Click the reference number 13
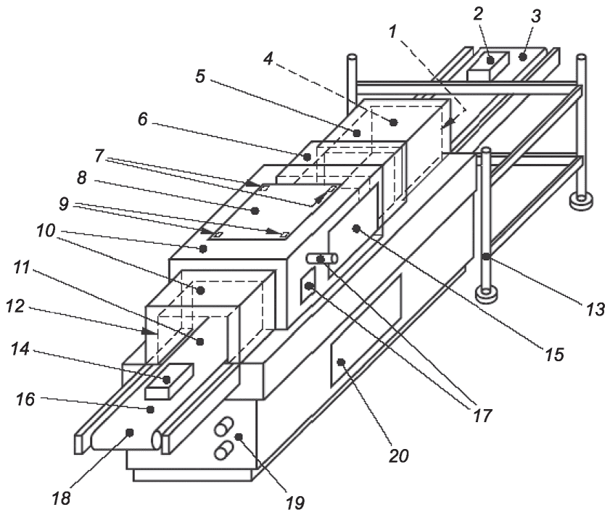click(x=595, y=309)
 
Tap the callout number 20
click(x=398, y=456)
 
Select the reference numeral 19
click(x=295, y=503)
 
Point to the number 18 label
click(x=61, y=498)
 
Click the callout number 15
click(x=554, y=354)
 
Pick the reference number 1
click(x=392, y=31)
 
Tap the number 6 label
click(x=143, y=119)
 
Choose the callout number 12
click(x=15, y=306)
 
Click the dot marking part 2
click(x=490, y=60)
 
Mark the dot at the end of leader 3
click(x=523, y=57)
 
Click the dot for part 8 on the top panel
click(x=255, y=211)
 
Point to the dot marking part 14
click(x=167, y=379)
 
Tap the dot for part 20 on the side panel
click(x=341, y=363)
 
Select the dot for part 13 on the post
click(x=486, y=256)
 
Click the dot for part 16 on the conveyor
click(x=150, y=409)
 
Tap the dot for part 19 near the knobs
click(x=239, y=437)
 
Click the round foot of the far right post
click(x=581, y=202)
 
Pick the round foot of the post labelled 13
click(x=486, y=294)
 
